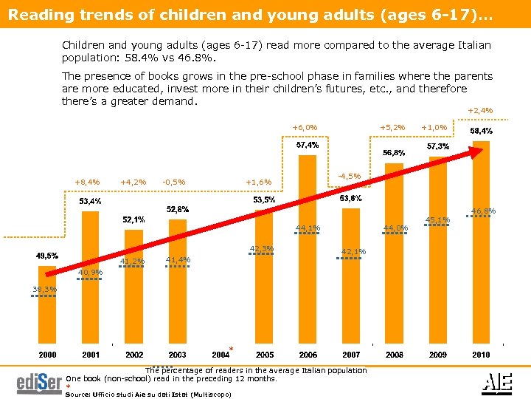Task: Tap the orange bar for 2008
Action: pos(395,255)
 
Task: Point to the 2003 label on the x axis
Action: pos(177,355)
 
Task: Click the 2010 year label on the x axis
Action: pos(480,355)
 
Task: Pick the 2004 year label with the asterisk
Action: pos(222,355)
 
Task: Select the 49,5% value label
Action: pos(47,256)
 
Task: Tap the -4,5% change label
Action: pos(347,176)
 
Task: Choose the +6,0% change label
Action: pos(305,127)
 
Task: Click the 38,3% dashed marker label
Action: pos(43,289)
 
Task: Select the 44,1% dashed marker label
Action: pos(308,228)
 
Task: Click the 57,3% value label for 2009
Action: pos(438,146)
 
